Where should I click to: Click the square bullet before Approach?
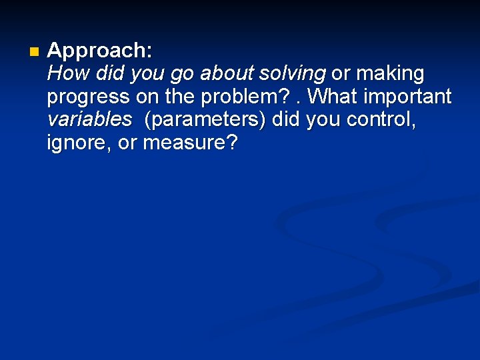tap(35, 51)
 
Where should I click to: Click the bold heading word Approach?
tap(100, 51)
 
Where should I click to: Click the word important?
tap(410, 97)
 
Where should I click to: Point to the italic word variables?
tap(89, 120)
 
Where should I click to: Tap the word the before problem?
tap(179, 97)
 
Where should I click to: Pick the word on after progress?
tap(147, 97)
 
